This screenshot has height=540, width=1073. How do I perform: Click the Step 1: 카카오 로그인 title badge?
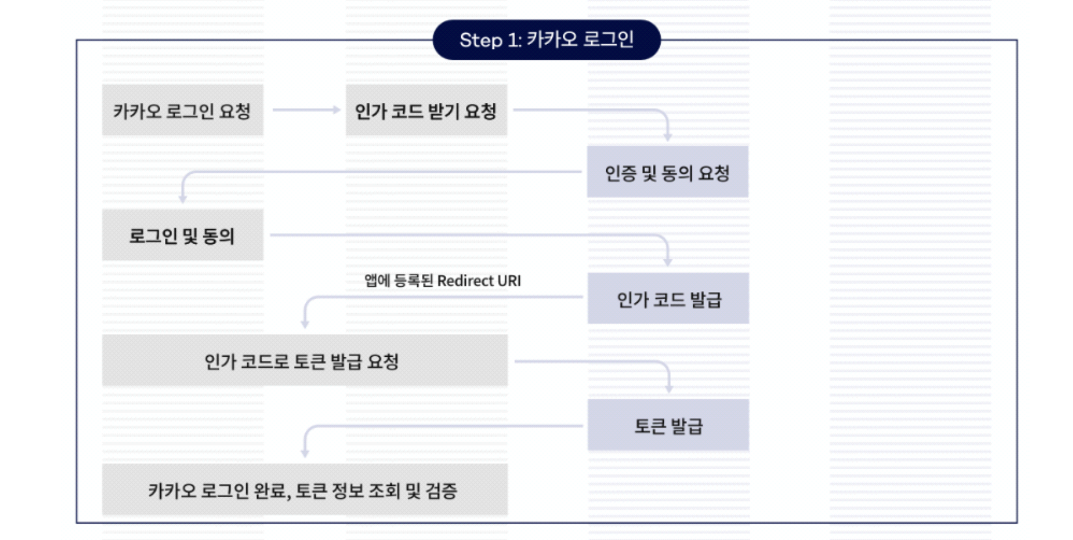(x=546, y=40)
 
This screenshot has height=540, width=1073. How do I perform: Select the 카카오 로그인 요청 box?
(x=183, y=111)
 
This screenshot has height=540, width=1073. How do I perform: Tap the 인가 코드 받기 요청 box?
(x=426, y=111)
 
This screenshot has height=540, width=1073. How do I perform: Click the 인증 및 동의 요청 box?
(x=667, y=172)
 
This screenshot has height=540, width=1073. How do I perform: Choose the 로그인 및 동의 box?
(x=183, y=235)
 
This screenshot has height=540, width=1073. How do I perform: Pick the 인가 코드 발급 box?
(x=668, y=299)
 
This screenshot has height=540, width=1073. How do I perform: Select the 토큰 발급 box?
(x=668, y=425)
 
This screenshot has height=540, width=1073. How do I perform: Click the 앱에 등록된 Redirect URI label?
(x=442, y=281)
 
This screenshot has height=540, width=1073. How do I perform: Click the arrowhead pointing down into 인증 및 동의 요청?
(x=667, y=137)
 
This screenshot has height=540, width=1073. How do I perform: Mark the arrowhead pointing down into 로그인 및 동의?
(x=183, y=199)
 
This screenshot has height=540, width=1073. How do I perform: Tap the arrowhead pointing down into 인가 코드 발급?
(x=667, y=262)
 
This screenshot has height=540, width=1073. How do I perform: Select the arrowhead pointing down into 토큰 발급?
(x=669, y=389)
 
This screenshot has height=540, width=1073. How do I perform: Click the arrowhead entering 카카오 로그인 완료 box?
(x=305, y=453)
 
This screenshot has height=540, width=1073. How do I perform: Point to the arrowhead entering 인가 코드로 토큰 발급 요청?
(x=305, y=325)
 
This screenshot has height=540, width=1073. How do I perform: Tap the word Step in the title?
(x=481, y=41)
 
